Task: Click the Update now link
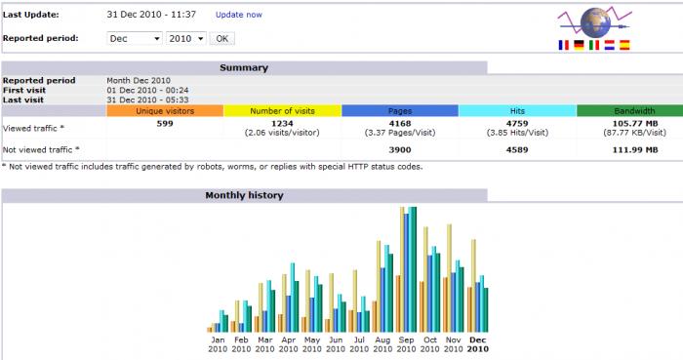[239, 15]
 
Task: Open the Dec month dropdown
[135, 38]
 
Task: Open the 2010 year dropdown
[186, 38]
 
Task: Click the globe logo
[595, 22]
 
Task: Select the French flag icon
[563, 45]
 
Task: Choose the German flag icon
[579, 45]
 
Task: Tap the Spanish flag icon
[624, 45]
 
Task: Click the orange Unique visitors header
[165, 111]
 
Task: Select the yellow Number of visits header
[282, 111]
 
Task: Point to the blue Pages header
[400, 111]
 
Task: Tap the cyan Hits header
[517, 111]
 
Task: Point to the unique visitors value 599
[165, 124]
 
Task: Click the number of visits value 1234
[282, 124]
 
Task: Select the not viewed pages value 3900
[400, 149]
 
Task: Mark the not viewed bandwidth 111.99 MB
[635, 149]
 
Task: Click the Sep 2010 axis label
[406, 344]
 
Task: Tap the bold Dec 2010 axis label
[477, 344]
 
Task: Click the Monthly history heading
[244, 195]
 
